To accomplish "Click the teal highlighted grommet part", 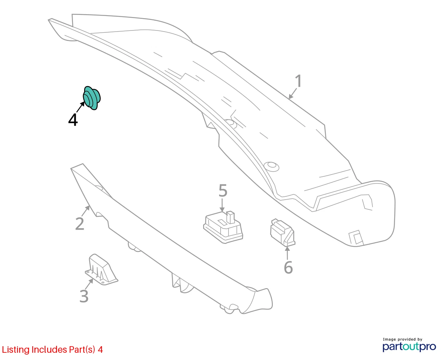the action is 92,98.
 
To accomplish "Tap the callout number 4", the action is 73,120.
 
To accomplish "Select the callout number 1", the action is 299,81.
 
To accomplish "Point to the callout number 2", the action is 80,224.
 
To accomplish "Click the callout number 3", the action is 84,296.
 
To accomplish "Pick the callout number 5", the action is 223,191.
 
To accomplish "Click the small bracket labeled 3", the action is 102,269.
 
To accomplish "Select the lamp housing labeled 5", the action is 223,227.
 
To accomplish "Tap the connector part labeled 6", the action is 283,232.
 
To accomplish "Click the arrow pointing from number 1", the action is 293,93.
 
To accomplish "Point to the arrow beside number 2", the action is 86,210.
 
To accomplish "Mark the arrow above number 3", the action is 89,284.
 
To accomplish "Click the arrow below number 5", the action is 222,205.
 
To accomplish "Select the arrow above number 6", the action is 287,253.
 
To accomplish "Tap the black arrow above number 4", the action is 81,107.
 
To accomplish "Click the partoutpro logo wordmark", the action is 409,347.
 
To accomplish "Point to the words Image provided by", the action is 402,339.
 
